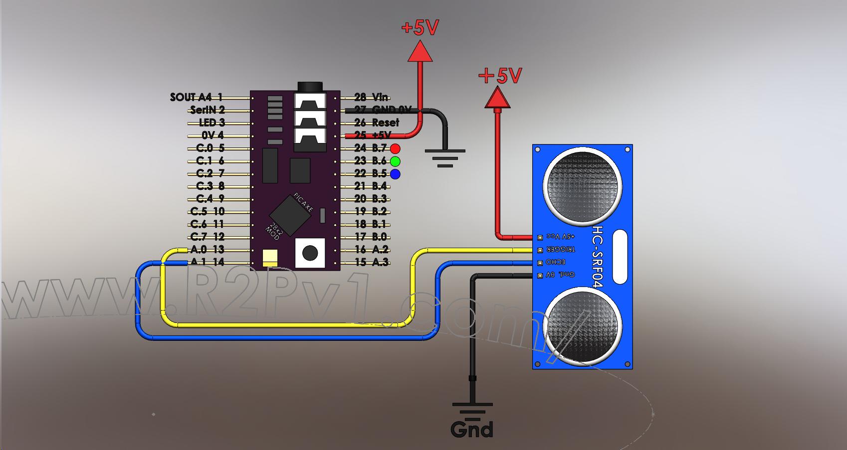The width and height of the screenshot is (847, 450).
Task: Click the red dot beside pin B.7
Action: point(395,149)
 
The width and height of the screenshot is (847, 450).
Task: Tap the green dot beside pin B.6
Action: point(395,161)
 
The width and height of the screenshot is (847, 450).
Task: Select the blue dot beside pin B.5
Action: point(395,174)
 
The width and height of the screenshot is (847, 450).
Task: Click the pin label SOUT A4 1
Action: point(196,97)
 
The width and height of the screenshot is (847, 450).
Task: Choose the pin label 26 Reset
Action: point(377,123)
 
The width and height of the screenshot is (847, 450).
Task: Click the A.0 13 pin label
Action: point(208,249)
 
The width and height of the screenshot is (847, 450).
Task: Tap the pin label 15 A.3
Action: point(371,262)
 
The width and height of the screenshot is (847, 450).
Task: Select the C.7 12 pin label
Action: point(208,237)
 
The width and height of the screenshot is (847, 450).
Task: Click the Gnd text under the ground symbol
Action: point(472,429)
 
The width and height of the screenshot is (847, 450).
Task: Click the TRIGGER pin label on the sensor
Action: point(561,249)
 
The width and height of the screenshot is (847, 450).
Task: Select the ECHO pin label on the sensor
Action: point(555,262)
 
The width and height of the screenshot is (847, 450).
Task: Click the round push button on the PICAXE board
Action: point(310,253)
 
